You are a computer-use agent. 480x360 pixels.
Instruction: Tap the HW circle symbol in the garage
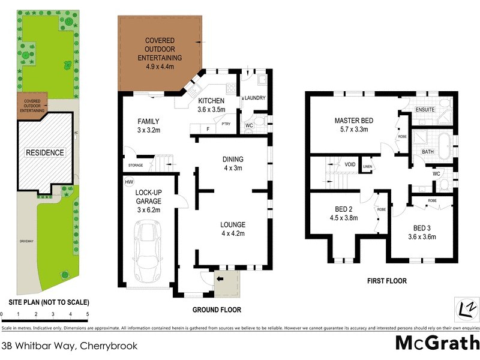(x=128, y=181)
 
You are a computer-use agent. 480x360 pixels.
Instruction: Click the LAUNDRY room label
(x=254, y=98)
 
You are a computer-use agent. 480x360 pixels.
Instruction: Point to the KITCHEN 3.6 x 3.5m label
(x=211, y=105)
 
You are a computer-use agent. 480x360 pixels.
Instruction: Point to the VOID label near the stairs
(x=349, y=164)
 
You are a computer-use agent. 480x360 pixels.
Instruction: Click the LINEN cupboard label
(x=367, y=166)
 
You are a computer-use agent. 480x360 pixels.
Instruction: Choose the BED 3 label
(x=421, y=232)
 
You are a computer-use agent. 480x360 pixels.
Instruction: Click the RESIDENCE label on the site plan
(x=44, y=152)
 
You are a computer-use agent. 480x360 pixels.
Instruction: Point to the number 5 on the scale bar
(x=88, y=314)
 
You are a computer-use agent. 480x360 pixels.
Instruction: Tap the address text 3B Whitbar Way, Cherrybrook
(x=70, y=346)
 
